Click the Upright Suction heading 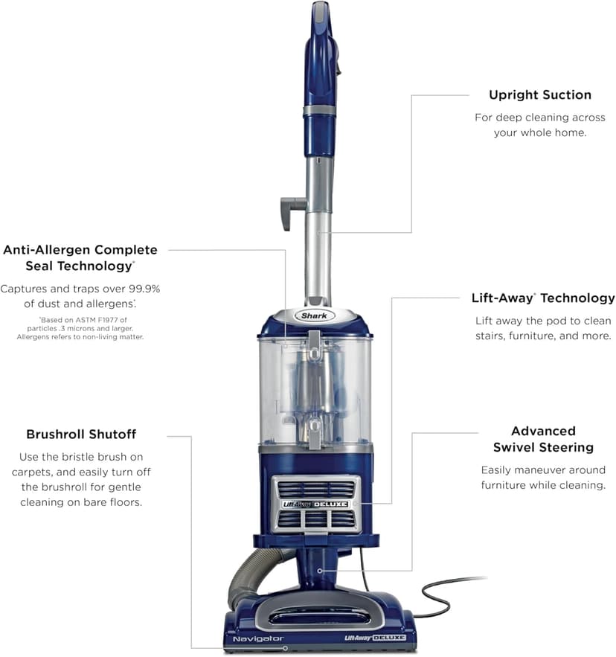[539, 95]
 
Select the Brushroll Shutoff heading [81, 434]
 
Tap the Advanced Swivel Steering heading [542, 439]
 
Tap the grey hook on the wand [290, 208]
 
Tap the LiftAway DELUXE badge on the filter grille [315, 504]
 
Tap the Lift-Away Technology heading [542, 298]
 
